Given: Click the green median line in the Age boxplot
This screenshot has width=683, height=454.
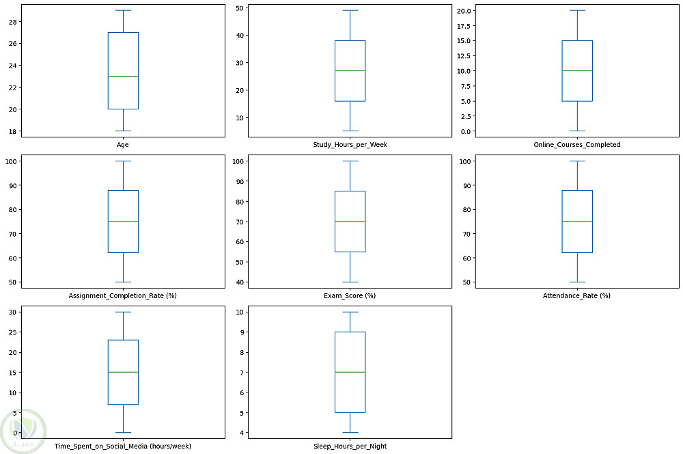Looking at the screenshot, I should tap(123, 76).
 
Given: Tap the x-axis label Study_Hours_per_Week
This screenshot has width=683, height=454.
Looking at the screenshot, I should tap(349, 144).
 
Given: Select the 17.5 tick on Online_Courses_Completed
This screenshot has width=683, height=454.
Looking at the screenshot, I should tap(462, 26).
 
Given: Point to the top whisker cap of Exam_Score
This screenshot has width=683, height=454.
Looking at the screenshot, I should tap(349, 161).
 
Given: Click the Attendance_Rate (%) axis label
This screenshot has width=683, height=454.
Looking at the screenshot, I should tap(576, 295).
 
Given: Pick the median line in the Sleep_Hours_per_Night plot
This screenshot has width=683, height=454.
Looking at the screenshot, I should tap(349, 372).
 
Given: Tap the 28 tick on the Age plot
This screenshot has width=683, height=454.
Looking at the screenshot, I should tap(12, 22).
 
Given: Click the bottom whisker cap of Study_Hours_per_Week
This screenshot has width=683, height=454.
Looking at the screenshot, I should tap(349, 131).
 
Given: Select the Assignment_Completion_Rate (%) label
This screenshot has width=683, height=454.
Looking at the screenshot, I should tap(123, 295).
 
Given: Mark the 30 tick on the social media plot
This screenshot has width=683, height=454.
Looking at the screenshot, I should tap(12, 312).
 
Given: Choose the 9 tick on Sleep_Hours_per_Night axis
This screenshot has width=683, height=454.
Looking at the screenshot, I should tap(241, 332).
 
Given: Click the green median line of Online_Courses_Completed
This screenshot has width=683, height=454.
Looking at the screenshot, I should tap(576, 70).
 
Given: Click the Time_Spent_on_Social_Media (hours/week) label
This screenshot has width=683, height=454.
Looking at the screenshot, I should tap(123, 446).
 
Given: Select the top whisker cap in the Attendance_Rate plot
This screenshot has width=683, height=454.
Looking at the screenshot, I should tap(576, 161).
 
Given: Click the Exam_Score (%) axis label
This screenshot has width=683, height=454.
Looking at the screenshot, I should tap(349, 295).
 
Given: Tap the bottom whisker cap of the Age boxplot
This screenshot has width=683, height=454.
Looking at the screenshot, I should tap(123, 131).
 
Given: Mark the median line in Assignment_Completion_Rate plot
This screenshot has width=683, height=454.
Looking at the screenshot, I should tap(123, 222).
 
